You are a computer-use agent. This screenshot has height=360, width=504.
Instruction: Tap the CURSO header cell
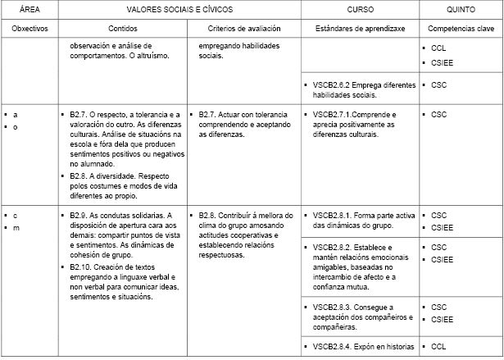coord(361,9)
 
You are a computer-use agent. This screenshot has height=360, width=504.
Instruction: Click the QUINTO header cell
coord(461,9)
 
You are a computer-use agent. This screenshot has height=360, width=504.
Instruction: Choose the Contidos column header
coord(123,28)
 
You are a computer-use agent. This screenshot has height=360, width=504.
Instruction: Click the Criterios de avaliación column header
coord(243,28)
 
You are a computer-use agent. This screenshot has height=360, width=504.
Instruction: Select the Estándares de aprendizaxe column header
coord(361,28)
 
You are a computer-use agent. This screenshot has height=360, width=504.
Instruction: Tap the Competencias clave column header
coord(461,28)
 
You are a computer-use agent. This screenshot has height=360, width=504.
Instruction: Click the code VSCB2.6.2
coord(333,84)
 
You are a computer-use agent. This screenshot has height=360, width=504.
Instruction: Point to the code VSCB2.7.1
coord(333,115)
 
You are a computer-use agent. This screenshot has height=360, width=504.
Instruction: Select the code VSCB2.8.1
coord(333,216)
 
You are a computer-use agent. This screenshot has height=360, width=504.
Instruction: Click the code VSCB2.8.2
coord(333,247)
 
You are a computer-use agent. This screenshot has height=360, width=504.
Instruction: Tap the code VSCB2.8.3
coord(333,307)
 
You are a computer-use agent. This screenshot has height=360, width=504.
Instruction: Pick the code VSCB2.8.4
coord(333,345)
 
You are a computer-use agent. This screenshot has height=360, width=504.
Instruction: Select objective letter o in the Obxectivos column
coord(16,126)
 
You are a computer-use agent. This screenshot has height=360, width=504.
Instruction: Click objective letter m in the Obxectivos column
coord(16,227)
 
